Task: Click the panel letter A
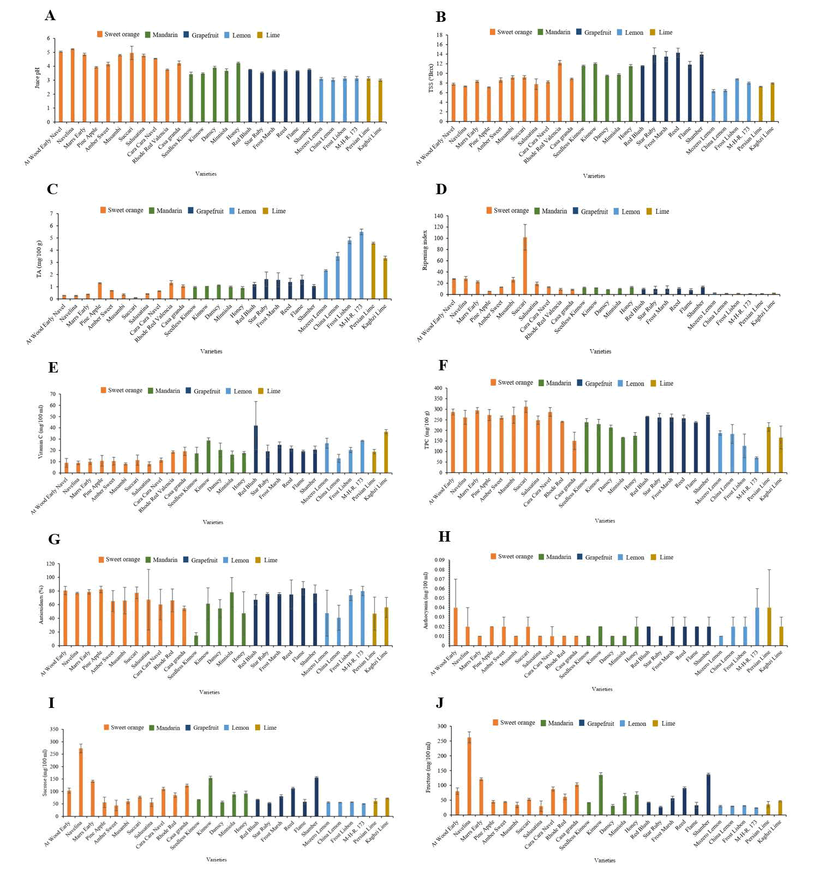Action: coord(50,16)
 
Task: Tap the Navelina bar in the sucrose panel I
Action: coord(81,782)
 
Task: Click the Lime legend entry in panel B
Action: coord(661,33)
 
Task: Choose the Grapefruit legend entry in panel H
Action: coord(594,557)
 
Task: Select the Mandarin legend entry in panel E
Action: coord(164,391)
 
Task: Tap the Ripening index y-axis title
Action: coord(425,250)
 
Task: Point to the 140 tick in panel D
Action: coord(440,216)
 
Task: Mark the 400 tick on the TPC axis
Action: coord(439,389)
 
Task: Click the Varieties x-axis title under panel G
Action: coord(210,692)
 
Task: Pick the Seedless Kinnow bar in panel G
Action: coord(196,640)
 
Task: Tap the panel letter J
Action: coord(440,703)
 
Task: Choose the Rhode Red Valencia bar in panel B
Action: coord(560,92)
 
